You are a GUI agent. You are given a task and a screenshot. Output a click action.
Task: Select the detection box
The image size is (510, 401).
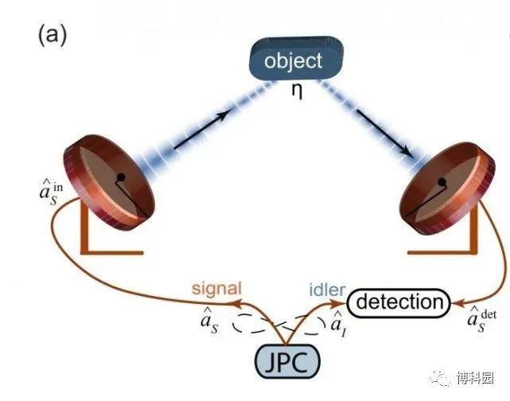(x=399, y=302)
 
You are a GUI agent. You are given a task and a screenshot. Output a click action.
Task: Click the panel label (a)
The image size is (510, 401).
(x=52, y=36)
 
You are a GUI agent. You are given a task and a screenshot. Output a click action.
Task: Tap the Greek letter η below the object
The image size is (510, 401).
(x=297, y=91)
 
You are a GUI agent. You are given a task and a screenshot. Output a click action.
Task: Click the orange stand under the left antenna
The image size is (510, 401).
(x=103, y=239)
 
